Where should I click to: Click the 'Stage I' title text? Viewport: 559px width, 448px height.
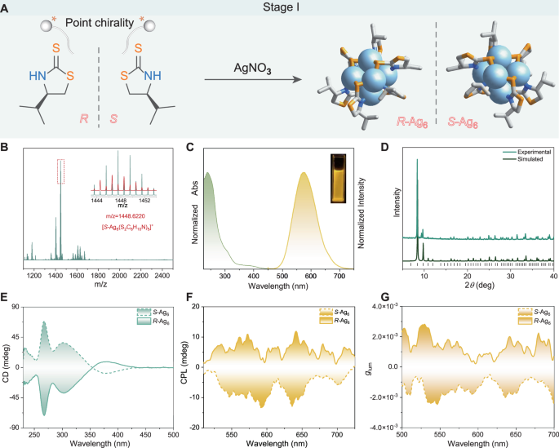tap(279, 10)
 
